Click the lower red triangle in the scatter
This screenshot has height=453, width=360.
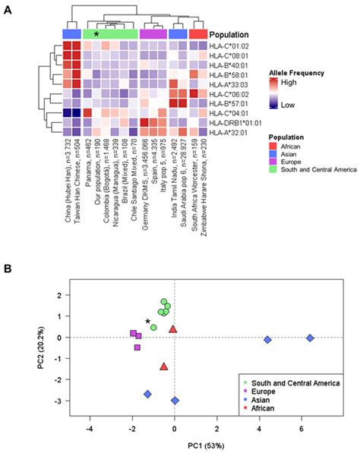coord(164,366)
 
